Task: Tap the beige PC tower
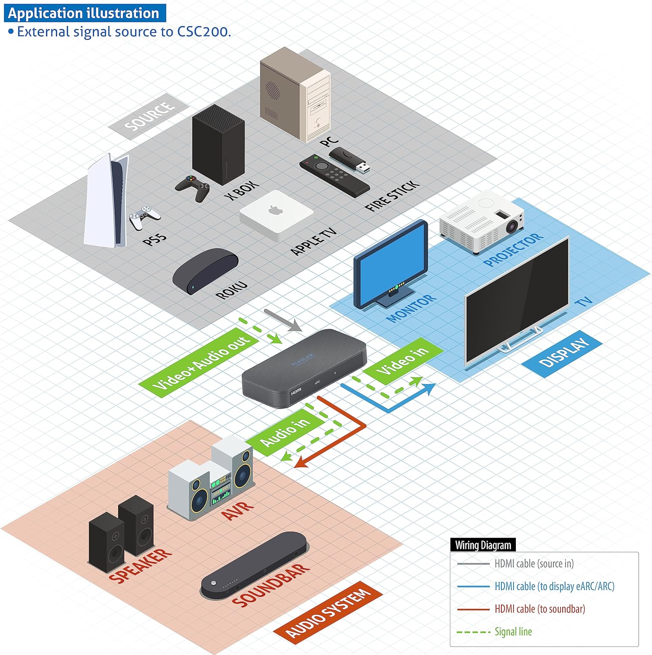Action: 295,96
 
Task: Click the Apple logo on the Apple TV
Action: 275,210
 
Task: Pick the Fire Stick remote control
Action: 334,176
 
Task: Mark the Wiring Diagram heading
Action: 483,545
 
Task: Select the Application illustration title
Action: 84,13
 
